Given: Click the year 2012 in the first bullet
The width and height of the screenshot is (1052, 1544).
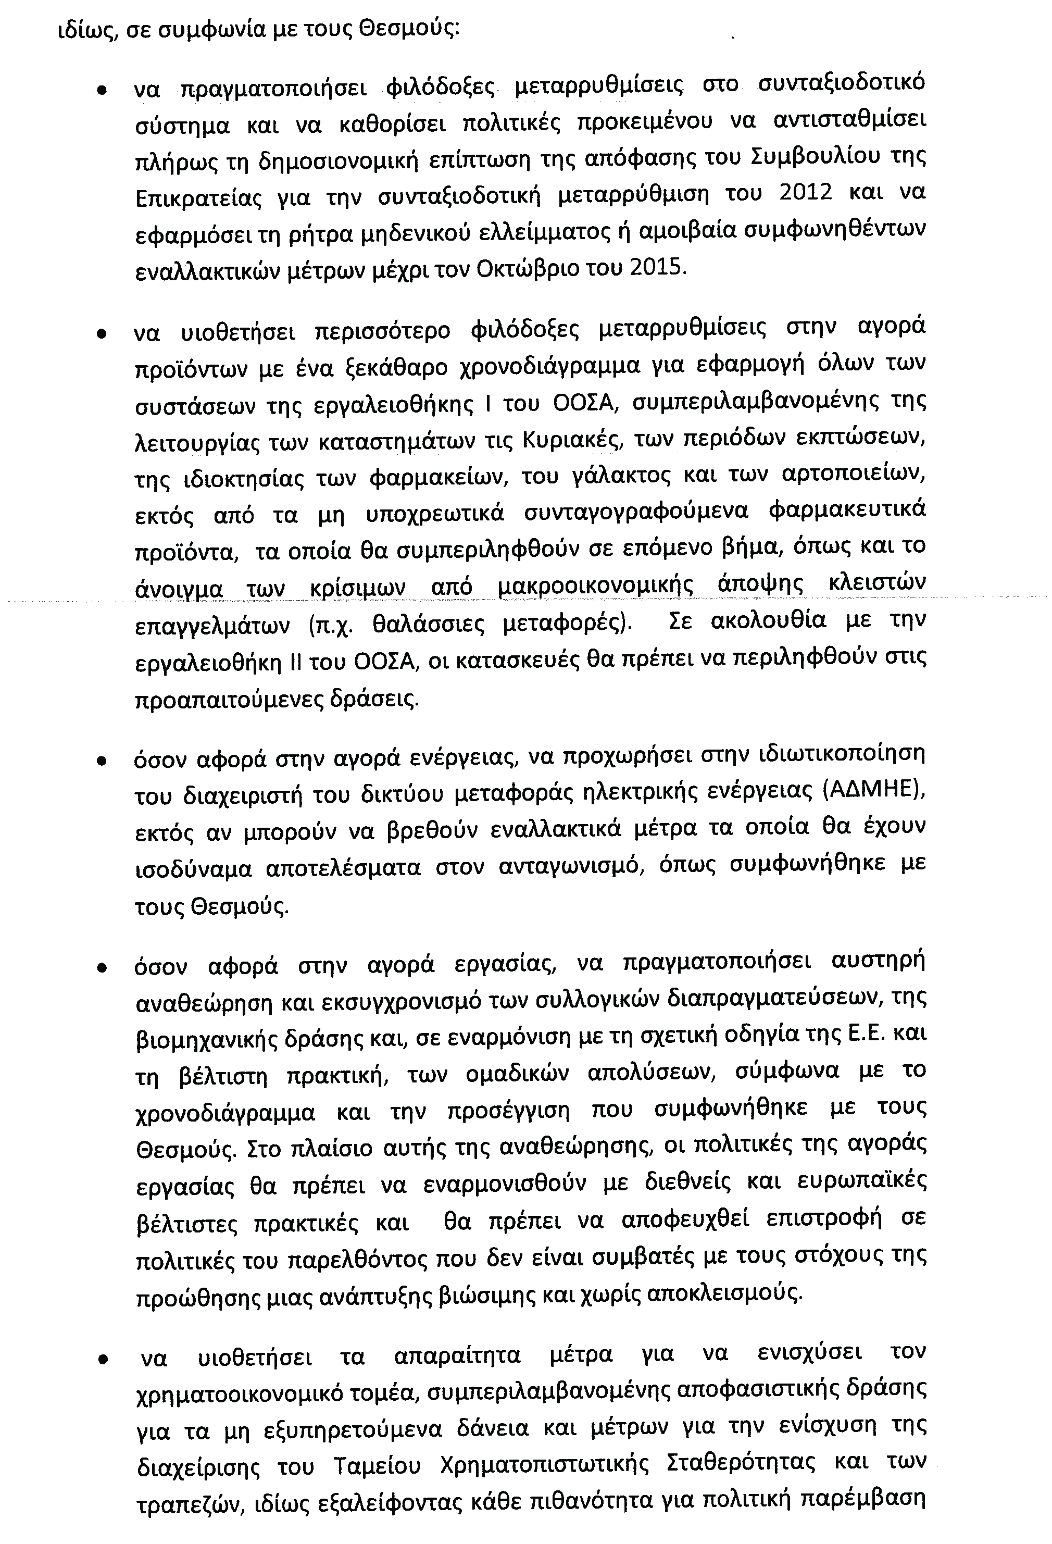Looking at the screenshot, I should (x=805, y=193).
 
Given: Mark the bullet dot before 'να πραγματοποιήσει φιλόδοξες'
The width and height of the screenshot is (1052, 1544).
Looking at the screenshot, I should (x=102, y=91).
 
